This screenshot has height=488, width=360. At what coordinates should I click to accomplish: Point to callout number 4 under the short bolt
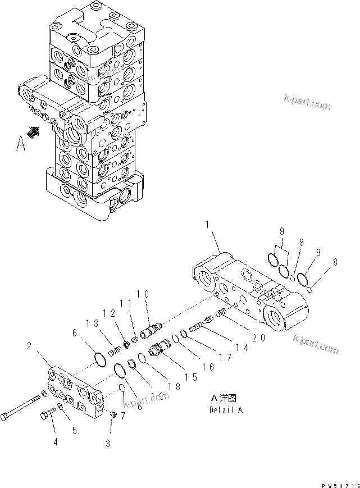pyautogui.click(x=55, y=442)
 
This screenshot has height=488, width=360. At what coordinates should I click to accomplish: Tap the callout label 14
pyautogui.click(x=242, y=346)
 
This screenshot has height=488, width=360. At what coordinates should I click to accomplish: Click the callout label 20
pyautogui.click(x=259, y=339)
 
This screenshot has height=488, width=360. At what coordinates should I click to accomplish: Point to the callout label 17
pyautogui.click(x=225, y=357)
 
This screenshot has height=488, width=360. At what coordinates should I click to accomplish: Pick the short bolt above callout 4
pyautogui.click(x=46, y=417)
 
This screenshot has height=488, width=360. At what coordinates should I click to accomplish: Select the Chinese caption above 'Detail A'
pyautogui.click(x=224, y=398)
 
